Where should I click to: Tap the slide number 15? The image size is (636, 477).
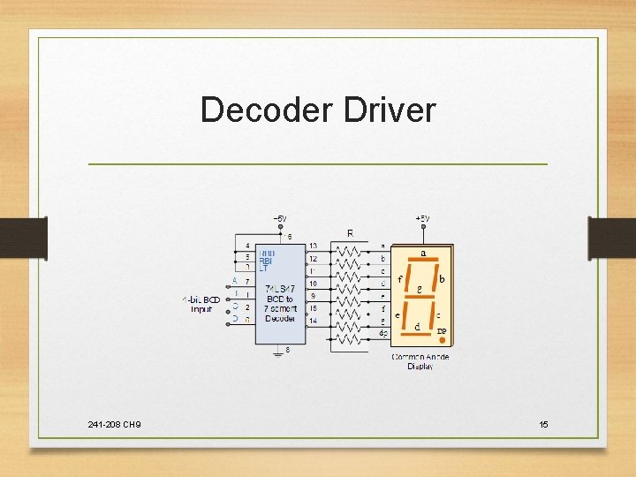click(543, 425)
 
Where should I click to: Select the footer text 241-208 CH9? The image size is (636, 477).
click(114, 425)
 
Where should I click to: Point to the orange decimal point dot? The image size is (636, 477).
click(442, 339)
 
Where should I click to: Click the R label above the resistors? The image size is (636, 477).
click(350, 233)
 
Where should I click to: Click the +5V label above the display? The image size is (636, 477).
click(422, 217)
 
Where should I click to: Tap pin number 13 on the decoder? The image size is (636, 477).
click(314, 246)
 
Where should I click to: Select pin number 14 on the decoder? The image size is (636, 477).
click(314, 321)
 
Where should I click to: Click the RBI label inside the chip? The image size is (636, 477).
click(266, 261)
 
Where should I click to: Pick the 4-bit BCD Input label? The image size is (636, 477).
click(201, 305)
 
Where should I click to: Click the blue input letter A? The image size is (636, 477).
click(235, 281)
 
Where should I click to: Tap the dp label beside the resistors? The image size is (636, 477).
click(382, 333)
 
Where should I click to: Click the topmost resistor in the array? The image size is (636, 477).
click(350, 250)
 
